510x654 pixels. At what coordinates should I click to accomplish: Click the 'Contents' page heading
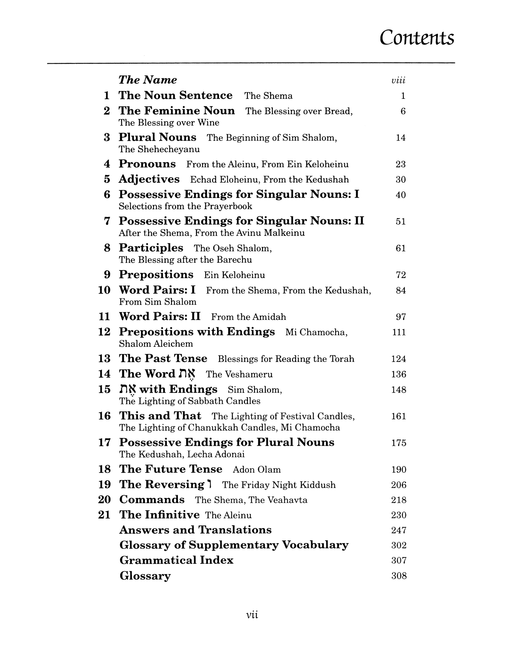point(417,38)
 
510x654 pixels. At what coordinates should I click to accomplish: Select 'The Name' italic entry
point(148,80)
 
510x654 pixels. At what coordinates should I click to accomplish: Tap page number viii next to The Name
point(398,81)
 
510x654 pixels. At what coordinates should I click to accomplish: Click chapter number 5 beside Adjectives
point(107,179)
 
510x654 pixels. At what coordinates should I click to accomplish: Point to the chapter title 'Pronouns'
point(147,164)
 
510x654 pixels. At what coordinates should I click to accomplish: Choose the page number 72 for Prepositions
point(400,275)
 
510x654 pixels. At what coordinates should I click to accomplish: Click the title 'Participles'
point(151,248)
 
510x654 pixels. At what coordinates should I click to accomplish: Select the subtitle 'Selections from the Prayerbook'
point(186,206)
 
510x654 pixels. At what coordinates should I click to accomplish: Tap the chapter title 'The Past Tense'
point(163,358)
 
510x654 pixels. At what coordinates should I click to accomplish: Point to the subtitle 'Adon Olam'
point(257,470)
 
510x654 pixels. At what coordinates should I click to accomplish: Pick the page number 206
point(399,485)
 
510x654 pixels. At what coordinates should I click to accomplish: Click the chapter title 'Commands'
point(152,500)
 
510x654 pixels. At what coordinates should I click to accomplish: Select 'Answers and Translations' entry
point(196,530)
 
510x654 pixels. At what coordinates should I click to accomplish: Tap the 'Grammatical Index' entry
point(176,560)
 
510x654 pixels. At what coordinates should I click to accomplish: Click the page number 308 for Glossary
point(399,576)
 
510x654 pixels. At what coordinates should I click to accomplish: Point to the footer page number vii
point(252,615)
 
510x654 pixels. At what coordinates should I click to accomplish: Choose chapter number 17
point(105,443)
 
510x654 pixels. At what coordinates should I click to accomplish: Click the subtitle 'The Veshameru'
point(239,374)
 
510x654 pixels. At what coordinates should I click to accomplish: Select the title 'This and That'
point(160,416)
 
